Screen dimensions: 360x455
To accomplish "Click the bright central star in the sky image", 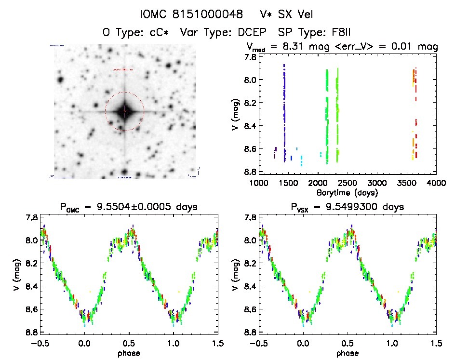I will click(124, 111).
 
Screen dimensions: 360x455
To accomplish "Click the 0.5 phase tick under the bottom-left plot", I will click(129, 343).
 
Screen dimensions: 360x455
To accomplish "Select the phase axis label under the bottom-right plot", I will click(347, 353).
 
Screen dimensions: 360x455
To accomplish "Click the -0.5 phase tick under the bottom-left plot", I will click(39, 343).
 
